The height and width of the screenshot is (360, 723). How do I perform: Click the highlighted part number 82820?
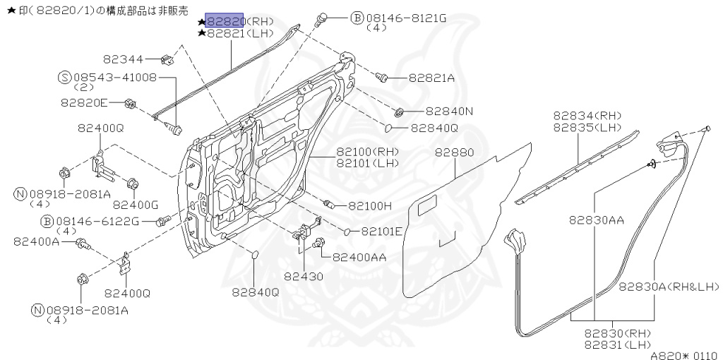click(225, 20)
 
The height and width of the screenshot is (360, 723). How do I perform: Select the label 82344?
click(123, 59)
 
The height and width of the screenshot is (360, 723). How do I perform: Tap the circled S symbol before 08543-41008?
click(64, 77)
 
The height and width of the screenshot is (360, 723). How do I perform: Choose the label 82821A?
click(431, 78)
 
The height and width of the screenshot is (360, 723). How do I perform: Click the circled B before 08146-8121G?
click(357, 18)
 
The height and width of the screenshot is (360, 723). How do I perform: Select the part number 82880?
click(454, 152)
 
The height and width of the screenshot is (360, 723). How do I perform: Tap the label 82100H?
click(370, 206)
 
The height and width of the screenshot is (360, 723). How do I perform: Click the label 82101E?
click(381, 231)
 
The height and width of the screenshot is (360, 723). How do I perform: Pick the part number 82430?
click(304, 276)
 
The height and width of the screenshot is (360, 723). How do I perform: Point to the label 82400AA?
click(359, 258)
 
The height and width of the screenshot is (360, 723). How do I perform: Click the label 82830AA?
click(597, 220)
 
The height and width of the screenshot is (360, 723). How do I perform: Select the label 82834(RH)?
click(587, 116)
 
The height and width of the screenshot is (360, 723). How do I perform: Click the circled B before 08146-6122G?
click(47, 222)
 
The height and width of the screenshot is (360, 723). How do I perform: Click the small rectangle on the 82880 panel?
click(427, 208)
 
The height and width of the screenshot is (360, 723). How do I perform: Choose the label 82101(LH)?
click(367, 164)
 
